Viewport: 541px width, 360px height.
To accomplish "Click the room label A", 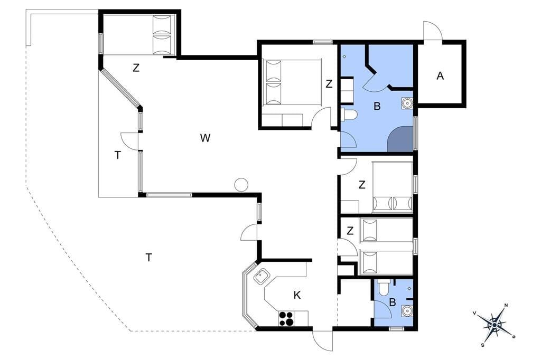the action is [440, 76].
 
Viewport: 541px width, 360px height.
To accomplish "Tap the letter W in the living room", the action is [205, 138].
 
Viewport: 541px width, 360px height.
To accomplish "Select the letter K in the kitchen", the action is [297, 295].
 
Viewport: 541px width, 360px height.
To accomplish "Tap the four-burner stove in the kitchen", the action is [286, 318].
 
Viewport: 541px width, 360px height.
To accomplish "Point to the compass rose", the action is [495, 325].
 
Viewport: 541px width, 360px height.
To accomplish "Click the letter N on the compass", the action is [506, 305].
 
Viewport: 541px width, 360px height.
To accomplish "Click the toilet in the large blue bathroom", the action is [348, 114].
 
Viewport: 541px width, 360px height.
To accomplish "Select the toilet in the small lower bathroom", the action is [384, 288].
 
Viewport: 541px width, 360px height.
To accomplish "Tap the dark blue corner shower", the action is [402, 140].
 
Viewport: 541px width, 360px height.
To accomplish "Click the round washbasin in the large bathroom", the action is [407, 103].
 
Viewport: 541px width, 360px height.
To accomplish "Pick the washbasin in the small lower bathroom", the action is [407, 311].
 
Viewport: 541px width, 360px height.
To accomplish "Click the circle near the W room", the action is [241, 184].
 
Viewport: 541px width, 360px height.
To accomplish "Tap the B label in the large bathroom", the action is [377, 106].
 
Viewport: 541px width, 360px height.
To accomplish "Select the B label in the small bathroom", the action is [393, 302].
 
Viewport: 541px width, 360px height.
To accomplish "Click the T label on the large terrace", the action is [148, 257].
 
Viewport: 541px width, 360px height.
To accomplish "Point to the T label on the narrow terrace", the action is [118, 156].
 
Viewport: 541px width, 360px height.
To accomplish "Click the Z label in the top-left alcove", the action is [136, 68].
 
